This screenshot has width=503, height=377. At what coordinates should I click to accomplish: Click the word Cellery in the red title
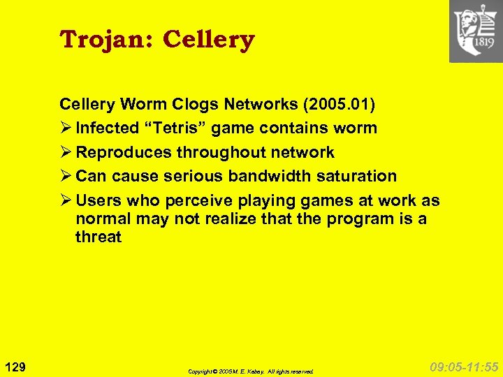(x=208, y=40)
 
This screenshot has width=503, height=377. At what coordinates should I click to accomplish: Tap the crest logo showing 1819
(x=476, y=31)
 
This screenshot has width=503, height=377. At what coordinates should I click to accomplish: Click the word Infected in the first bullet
(x=106, y=128)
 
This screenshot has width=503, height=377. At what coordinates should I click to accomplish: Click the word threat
(x=99, y=237)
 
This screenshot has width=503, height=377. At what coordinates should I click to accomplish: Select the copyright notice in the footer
(x=251, y=371)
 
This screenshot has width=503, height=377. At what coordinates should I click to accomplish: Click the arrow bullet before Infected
(x=66, y=128)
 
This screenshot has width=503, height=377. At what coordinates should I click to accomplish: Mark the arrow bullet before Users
(x=66, y=201)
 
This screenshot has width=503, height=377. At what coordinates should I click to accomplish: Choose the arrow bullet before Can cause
(x=66, y=176)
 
